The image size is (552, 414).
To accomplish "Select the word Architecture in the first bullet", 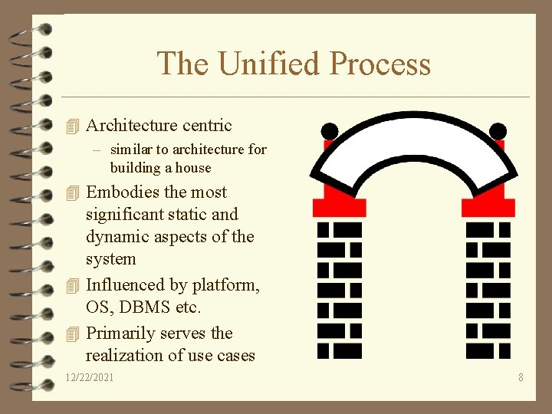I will coord(131,125).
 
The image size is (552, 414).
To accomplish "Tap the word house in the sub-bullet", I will coord(193,167).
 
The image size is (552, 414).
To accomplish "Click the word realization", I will coord(124,355).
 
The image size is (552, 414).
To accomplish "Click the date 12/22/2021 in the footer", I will coord(90,377).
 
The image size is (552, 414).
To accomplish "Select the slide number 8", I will coord(521,377).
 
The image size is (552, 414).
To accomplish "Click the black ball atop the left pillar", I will coord(329,131).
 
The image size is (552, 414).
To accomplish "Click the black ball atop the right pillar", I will coord(498,131).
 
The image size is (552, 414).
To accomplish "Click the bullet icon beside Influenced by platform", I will coord(73,285).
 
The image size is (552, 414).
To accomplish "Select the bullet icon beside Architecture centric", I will coord(73,126).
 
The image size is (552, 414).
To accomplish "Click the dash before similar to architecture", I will coord(99,149).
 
